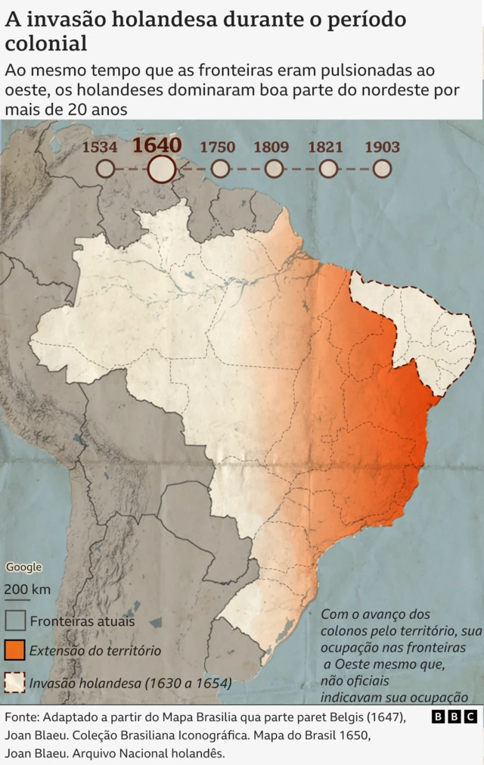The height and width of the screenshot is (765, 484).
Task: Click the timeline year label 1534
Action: pyautogui.click(x=99, y=147)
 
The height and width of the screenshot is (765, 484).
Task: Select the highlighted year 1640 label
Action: pyautogui.click(x=157, y=145)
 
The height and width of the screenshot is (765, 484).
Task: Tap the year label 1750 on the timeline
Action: pyautogui.click(x=217, y=147)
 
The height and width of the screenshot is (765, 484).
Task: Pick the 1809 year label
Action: pyautogui.click(x=271, y=147)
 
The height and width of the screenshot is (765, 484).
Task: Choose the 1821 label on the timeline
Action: pyautogui.click(x=325, y=147)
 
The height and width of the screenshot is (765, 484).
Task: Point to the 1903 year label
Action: pyautogui.click(x=382, y=147)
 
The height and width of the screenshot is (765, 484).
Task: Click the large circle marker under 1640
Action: pyautogui.click(x=161, y=169)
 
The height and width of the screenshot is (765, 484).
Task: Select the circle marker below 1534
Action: pyautogui.click(x=106, y=169)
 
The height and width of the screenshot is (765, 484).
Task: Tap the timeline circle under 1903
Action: pyautogui.click(x=383, y=169)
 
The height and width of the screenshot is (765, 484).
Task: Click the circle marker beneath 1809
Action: pyautogui.click(x=275, y=169)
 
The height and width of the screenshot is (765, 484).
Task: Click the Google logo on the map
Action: pyautogui.click(x=24, y=568)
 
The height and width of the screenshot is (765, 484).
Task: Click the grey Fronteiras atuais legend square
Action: pyautogui.click(x=16, y=620)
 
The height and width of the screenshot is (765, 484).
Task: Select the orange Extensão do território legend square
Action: pyautogui.click(x=16, y=650)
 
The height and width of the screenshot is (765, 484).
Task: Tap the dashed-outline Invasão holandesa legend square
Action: pyautogui.click(x=16, y=683)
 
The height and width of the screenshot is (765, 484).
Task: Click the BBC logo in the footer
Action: pyautogui.click(x=455, y=717)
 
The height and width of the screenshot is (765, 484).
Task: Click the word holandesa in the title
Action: pyautogui.click(x=157, y=20)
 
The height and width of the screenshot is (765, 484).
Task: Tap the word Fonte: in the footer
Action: pyautogui.click(x=23, y=717)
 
